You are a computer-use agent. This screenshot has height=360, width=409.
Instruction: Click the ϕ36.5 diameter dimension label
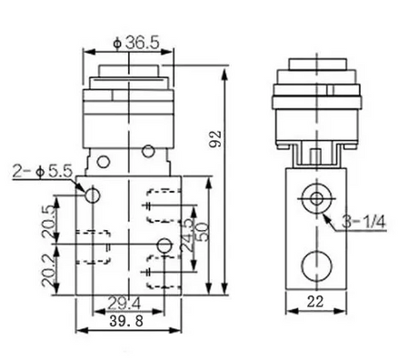pos(136,43)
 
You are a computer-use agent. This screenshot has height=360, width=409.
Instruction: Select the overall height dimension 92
pos(215,139)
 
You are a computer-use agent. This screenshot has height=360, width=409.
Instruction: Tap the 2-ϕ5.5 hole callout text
pos(43,171)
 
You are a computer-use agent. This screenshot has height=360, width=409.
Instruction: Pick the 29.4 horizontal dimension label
pos(125,303)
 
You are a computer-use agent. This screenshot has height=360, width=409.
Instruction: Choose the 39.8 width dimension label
pos(126,321)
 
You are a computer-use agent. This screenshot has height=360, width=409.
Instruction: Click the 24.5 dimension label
pos(187,235)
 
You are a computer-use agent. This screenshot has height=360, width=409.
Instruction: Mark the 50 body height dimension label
pos(203,232)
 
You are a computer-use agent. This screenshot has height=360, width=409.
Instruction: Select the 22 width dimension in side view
pos(315,302)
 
